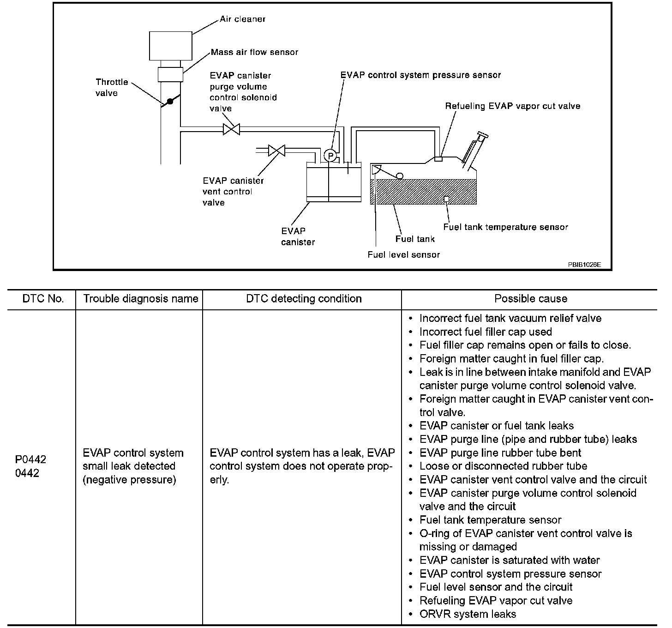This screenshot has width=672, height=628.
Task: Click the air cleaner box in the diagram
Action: click(x=171, y=45)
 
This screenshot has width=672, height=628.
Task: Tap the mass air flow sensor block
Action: click(x=171, y=74)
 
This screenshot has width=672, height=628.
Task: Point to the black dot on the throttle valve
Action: click(x=170, y=101)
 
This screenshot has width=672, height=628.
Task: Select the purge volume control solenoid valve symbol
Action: click(x=231, y=129)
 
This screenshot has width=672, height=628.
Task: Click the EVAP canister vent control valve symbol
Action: click(x=276, y=151)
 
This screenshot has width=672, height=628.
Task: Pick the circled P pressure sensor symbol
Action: click(x=330, y=156)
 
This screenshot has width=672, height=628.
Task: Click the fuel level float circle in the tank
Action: click(x=399, y=176)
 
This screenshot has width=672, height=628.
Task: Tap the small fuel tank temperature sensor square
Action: click(x=446, y=199)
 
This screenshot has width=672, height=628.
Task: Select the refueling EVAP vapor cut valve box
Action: click(x=438, y=159)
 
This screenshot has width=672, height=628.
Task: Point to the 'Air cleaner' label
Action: click(x=242, y=19)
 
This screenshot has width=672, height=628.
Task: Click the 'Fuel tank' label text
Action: click(x=415, y=239)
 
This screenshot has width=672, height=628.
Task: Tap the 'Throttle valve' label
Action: click(x=112, y=87)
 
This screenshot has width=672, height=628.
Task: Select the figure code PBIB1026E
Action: click(x=584, y=265)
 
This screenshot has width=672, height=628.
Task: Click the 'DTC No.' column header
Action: click(x=43, y=299)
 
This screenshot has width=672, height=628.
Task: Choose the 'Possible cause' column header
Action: click(x=531, y=299)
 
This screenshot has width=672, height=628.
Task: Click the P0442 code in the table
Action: click(x=30, y=459)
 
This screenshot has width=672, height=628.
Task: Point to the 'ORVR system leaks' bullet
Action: click(x=468, y=614)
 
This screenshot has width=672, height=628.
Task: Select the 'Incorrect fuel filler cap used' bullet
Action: click(x=486, y=332)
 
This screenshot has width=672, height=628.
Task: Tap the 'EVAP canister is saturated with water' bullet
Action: click(x=510, y=560)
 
